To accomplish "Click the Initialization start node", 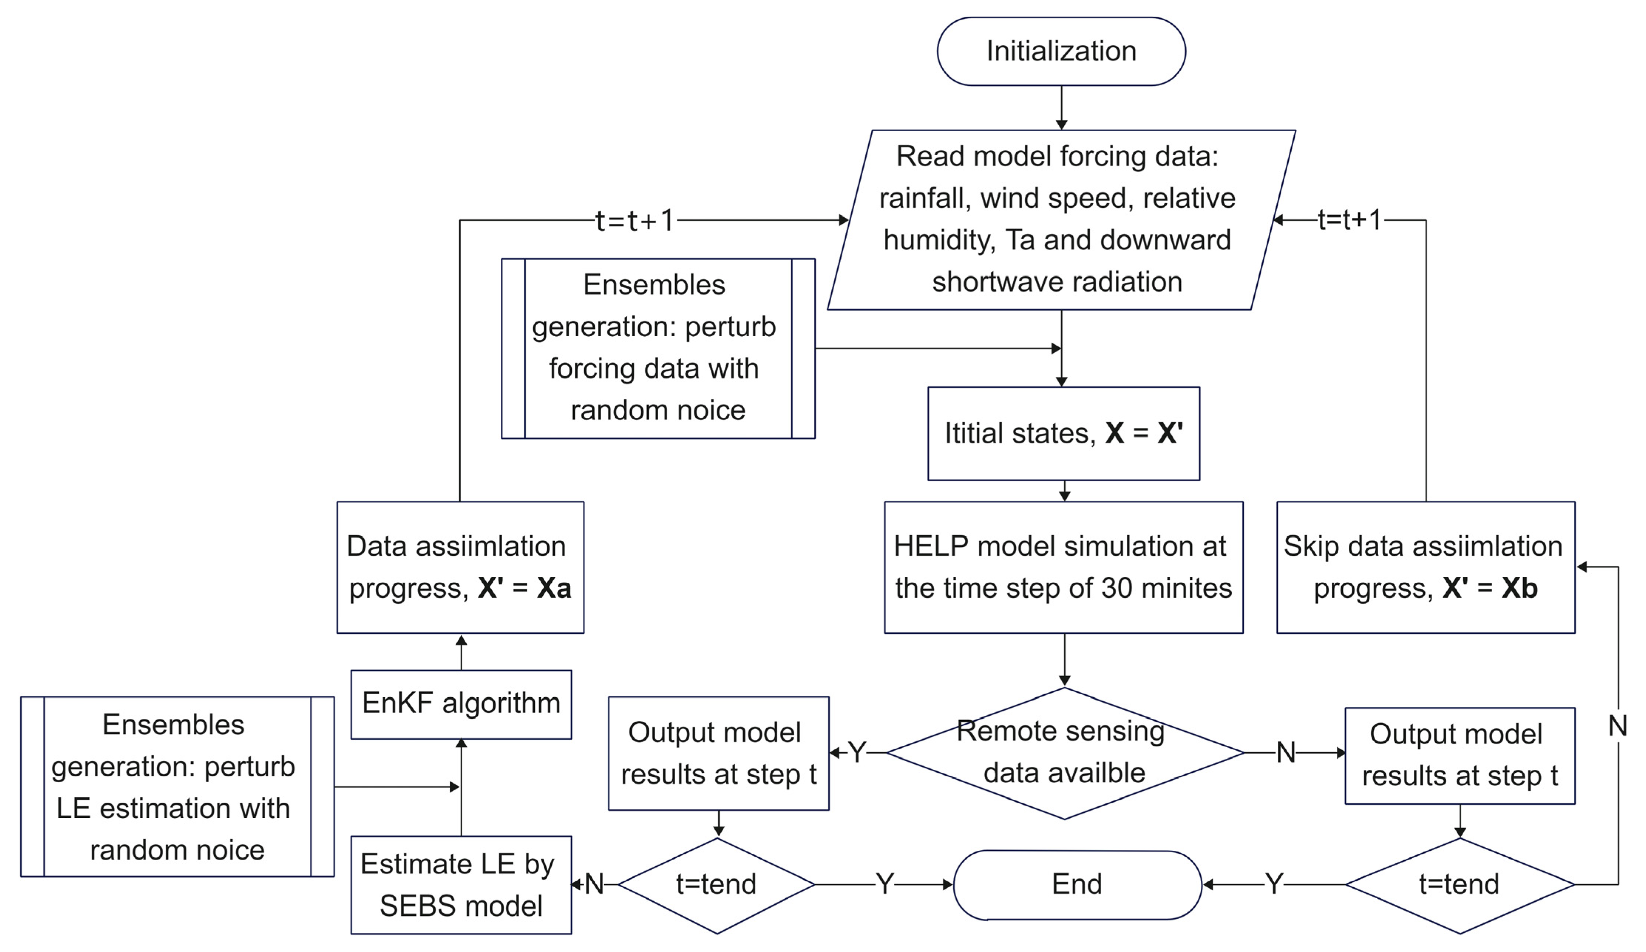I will (1061, 51).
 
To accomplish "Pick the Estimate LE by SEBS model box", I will (461, 885).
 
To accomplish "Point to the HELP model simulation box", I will (1063, 567).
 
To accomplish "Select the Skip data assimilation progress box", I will (1425, 567).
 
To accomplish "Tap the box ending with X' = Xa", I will (460, 567).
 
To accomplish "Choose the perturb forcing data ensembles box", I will (658, 348).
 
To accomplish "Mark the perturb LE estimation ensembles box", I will (177, 787).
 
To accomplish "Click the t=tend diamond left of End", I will (717, 885).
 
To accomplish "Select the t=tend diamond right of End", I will (1459, 885).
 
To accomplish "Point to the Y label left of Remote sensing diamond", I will (856, 753).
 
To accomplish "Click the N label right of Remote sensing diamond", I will (1285, 753).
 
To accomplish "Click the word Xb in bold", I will (1519, 588).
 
